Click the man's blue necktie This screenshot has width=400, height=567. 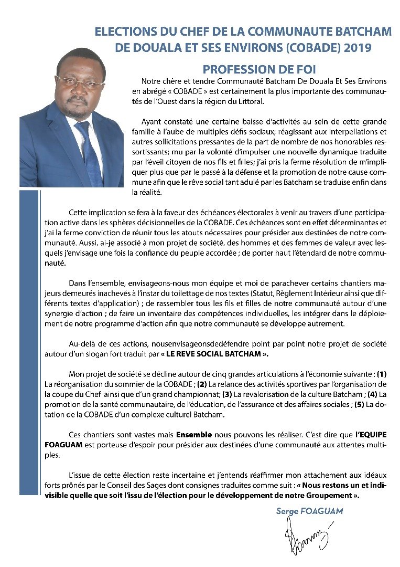pyautogui.click(x=88, y=152)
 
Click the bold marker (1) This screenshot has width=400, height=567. pyautogui.click(x=382, y=374)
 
